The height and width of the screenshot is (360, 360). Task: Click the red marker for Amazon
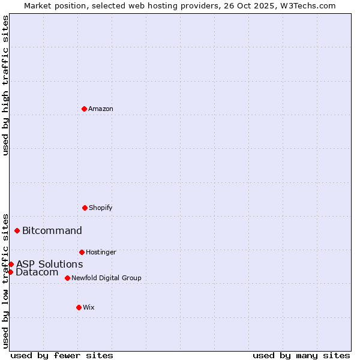pyautogui.click(x=84, y=109)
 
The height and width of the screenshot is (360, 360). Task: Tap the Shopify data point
pyautogui.click(x=85, y=208)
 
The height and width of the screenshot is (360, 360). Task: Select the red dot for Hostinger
pyautogui.click(x=82, y=252)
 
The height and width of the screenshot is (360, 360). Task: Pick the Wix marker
pyautogui.click(x=79, y=307)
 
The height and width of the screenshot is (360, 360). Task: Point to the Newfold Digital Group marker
pyautogui.click(x=67, y=278)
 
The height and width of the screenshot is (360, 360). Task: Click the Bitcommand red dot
pyautogui.click(x=17, y=230)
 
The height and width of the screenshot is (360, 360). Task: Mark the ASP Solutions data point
pyautogui.click(x=11, y=264)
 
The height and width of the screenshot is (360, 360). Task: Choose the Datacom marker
pyautogui.click(x=10, y=272)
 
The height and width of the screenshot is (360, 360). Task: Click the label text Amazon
pyautogui.click(x=101, y=109)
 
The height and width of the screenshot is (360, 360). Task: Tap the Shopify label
pyautogui.click(x=101, y=208)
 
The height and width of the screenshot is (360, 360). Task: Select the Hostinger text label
pyautogui.click(x=101, y=253)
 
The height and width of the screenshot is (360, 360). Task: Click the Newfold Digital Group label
pyautogui.click(x=106, y=278)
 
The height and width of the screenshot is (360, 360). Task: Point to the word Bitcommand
pyautogui.click(x=52, y=231)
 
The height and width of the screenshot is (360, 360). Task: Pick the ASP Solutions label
pyautogui.click(x=49, y=265)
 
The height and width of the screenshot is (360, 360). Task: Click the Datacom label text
pyautogui.click(x=37, y=272)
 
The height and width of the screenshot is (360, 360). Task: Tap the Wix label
pyautogui.click(x=89, y=308)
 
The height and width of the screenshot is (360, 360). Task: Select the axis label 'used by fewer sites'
pyautogui.click(x=62, y=355)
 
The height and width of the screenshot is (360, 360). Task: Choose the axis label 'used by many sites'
pyautogui.click(x=301, y=355)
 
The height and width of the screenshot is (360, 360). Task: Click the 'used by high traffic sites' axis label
pyautogui.click(x=6, y=85)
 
